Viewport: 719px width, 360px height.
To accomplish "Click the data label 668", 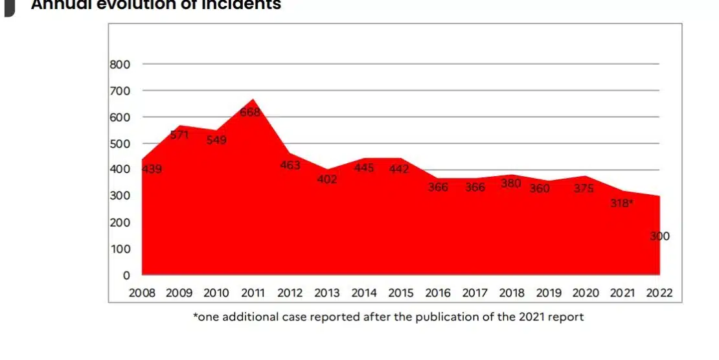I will (250, 112).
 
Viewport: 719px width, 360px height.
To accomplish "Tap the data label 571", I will (179, 135).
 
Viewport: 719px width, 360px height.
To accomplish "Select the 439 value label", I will (152, 170).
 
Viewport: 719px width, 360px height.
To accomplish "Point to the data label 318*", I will (622, 203).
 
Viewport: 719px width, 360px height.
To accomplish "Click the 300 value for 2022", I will (659, 236).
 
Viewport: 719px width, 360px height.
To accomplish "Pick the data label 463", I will (290, 165).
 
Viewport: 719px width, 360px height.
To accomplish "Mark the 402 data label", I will (327, 179).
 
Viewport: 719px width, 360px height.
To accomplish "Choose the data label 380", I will (511, 183).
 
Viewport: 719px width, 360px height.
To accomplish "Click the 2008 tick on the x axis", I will (142, 293).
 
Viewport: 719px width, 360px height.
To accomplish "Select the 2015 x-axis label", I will (401, 293).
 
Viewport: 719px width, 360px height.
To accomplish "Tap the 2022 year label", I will (659, 293).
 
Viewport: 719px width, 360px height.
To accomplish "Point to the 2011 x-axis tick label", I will (253, 293).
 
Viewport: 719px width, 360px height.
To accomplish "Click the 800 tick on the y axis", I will (120, 64).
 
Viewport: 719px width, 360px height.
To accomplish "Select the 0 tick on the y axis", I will (127, 275).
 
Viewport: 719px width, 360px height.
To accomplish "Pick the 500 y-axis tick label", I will (120, 143).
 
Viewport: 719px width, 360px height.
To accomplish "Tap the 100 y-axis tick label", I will (120, 249).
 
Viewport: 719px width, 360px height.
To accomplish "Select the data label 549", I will (216, 139).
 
